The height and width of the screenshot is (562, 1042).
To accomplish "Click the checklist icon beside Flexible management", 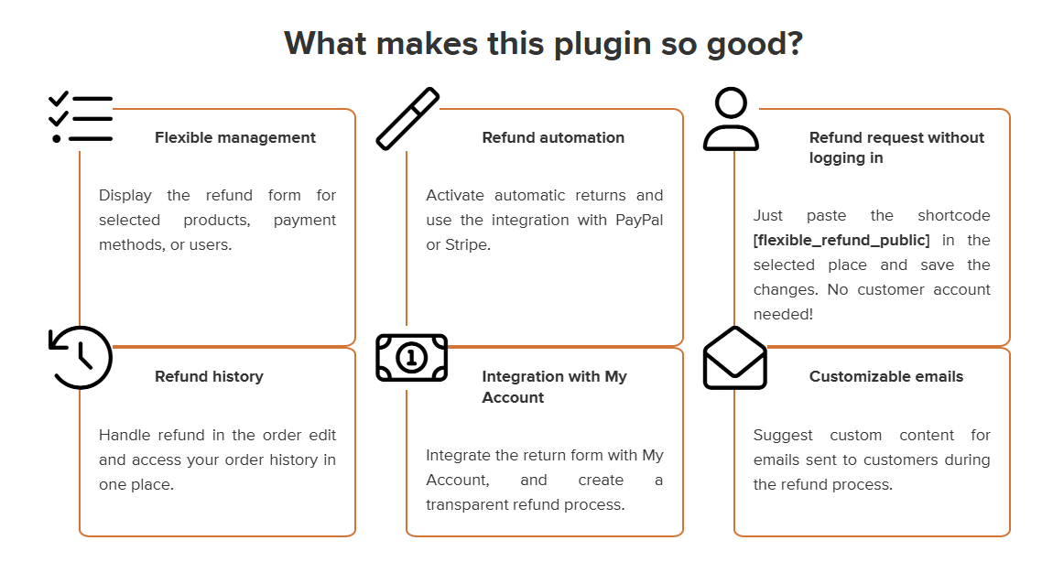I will click(81, 118).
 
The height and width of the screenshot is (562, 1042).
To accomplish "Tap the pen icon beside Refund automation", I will click(407, 118).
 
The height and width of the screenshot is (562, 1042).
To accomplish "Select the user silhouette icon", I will click(731, 119).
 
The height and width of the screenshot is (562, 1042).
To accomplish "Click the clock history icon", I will click(81, 357).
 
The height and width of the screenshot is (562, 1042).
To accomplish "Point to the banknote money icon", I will click(411, 357).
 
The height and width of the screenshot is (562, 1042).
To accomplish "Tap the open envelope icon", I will click(734, 358).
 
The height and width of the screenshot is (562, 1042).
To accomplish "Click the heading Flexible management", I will click(235, 138).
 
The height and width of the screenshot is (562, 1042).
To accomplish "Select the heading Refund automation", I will click(553, 138).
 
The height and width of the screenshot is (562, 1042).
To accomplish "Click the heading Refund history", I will click(209, 377).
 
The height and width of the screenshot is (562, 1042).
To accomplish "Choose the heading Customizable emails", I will click(885, 377).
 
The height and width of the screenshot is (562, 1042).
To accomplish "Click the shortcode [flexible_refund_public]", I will click(841, 241).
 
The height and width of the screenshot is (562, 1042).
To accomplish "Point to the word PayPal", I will click(638, 221).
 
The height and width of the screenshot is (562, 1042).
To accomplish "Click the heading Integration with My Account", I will click(554, 387).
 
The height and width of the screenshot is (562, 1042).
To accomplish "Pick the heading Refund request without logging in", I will click(895, 148).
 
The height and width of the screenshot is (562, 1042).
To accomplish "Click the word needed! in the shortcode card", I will click(783, 315).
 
